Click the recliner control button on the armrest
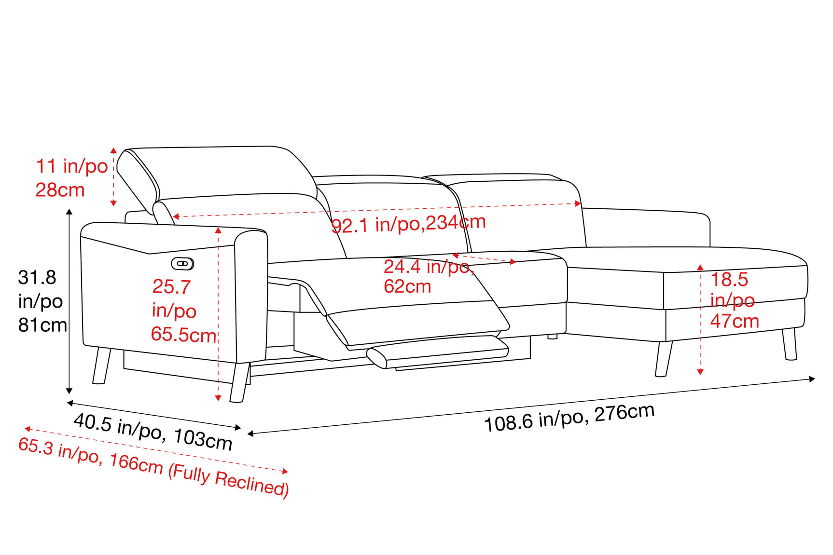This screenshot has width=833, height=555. point(182,263)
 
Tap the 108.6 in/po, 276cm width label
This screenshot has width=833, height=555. point(569,418)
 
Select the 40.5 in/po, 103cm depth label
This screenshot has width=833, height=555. point(153,432)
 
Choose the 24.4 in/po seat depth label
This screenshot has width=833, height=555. point(429,267)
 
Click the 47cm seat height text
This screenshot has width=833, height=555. point(735,321)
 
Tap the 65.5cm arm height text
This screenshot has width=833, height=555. point(184,335)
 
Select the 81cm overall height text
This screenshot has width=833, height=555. point(42,325)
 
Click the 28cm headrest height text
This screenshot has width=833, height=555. point(60,190)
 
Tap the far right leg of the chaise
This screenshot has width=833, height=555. point(790,344)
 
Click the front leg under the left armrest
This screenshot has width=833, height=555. point(240,382)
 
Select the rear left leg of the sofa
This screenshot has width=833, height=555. point(101,365)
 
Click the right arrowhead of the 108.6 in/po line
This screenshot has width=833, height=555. point(812,379)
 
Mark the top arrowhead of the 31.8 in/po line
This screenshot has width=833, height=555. point(69,212)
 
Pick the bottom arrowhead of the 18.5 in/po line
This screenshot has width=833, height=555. point(700,372)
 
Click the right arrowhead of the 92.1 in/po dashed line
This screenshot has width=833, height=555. point(578,204)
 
